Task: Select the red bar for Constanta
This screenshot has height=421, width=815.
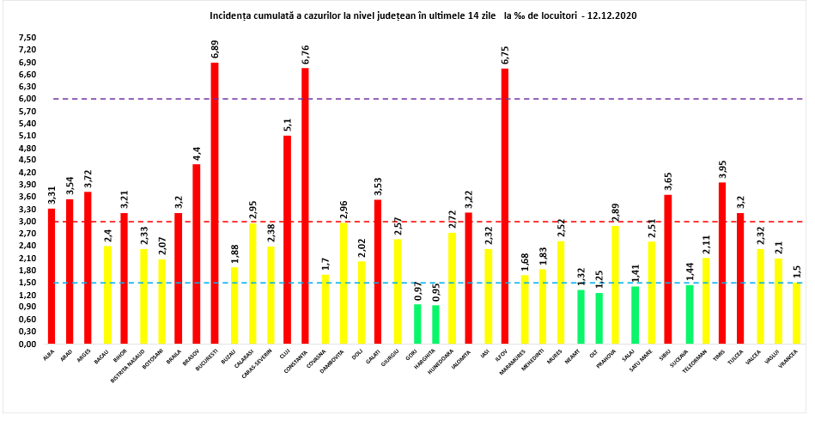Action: click(305, 205)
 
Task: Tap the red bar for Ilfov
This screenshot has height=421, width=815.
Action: click(505, 205)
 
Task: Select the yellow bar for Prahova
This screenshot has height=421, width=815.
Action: click(614, 284)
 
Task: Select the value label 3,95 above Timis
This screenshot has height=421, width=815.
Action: click(722, 169)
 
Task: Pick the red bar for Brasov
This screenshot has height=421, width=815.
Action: click(196, 253)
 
